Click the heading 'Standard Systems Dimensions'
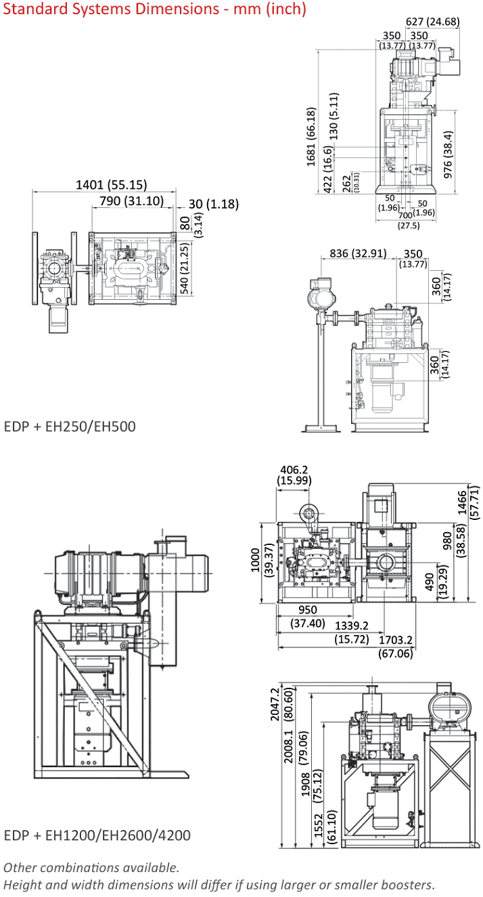click(154, 9)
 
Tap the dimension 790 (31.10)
click(131, 200)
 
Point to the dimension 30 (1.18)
click(213, 204)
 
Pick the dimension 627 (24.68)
click(433, 21)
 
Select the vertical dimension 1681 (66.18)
click(311, 136)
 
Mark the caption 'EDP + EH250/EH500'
click(70, 426)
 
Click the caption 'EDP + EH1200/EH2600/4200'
click(97, 835)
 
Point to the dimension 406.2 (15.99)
click(294, 474)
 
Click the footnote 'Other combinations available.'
click(92, 867)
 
